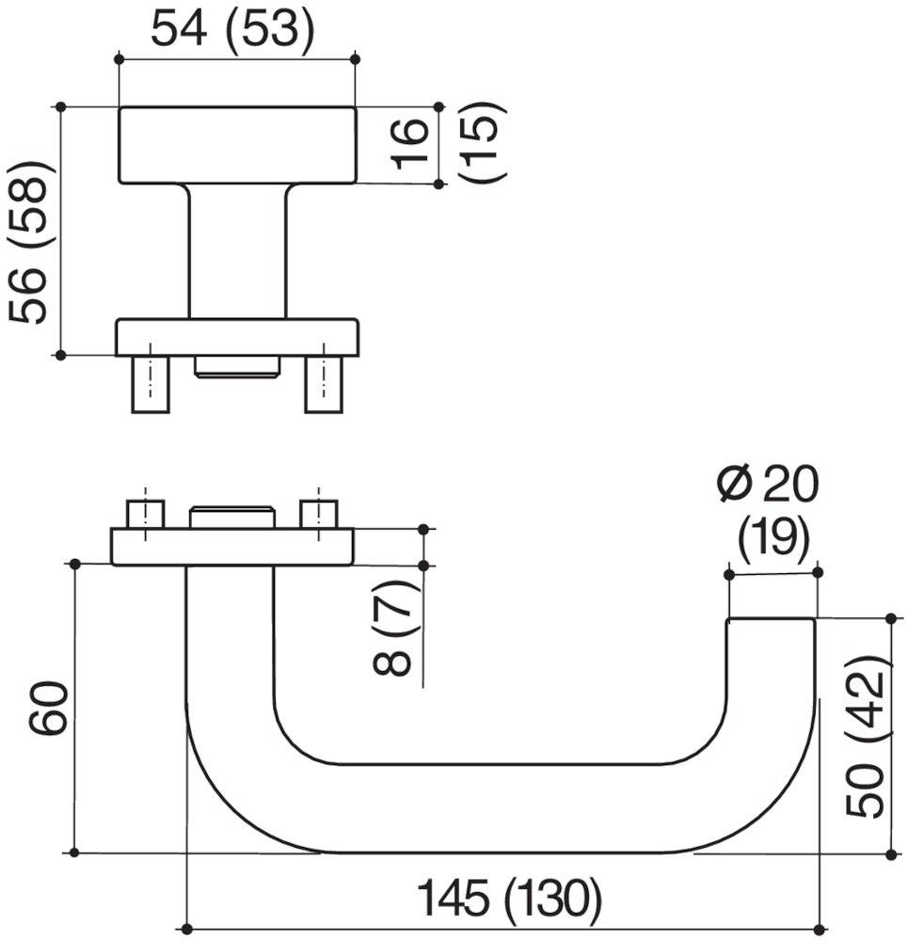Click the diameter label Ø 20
tap(767, 486)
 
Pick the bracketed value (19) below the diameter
tap(773, 538)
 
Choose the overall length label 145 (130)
tap(508, 900)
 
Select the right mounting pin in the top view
tap(324, 384)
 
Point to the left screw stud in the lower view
tap(145, 516)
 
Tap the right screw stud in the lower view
tap(318, 516)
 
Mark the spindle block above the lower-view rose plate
tap(231, 518)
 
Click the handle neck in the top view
tap(237, 250)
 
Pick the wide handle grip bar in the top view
tap(237, 145)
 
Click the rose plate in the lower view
tap(231, 547)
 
